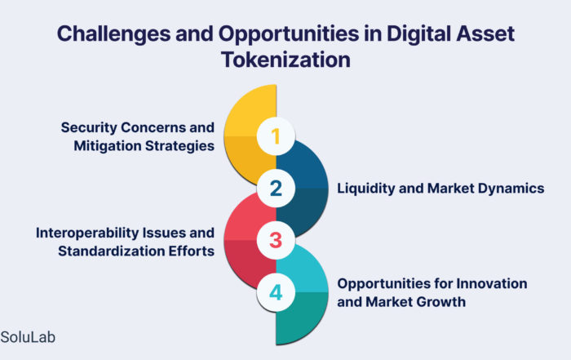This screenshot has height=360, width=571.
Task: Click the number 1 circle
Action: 276,136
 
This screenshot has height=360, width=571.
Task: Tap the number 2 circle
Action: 276,189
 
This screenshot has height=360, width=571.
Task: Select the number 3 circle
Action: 276,241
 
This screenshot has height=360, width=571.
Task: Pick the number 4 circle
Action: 276,292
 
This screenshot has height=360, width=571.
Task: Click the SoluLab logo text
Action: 28,337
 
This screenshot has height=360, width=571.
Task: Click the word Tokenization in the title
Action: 285,60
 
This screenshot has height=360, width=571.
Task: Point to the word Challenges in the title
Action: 113,34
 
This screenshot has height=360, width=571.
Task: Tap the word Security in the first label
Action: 88,127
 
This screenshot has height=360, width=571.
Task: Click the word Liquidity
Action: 365,189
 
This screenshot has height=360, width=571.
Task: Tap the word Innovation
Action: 492,283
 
